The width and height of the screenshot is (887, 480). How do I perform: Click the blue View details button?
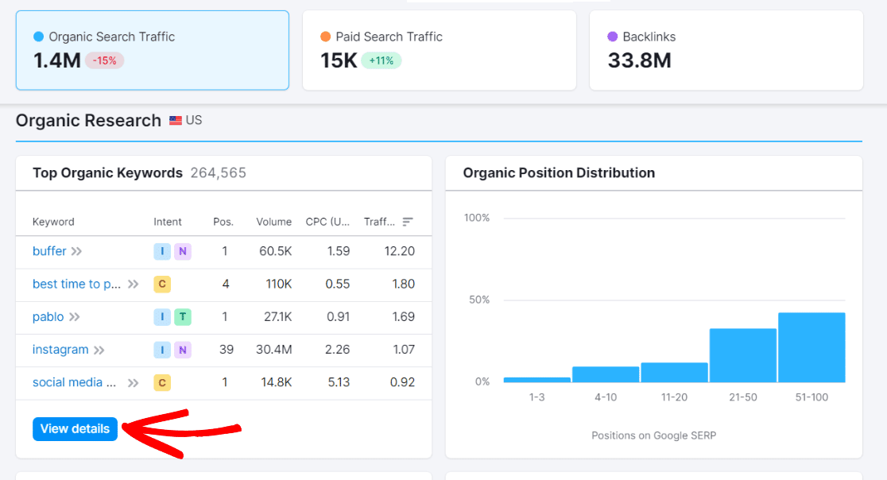(75, 429)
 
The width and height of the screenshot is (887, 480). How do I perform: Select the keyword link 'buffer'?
(49, 251)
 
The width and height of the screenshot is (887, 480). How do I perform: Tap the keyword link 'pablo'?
(48, 317)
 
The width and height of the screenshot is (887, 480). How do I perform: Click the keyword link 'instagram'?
(60, 350)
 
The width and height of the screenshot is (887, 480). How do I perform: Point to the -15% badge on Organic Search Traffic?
(105, 60)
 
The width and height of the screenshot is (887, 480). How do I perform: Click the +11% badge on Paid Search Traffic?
(381, 60)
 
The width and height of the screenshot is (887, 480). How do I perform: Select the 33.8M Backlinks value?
(639, 60)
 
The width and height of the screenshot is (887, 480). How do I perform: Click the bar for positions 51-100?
(811, 347)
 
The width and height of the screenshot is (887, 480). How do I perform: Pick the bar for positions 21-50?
(742, 355)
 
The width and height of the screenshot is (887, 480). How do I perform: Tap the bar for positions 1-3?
(537, 379)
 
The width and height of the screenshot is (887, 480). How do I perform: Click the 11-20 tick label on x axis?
(674, 397)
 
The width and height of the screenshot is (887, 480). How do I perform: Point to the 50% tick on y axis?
(477, 300)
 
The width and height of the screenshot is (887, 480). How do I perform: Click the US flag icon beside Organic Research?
(176, 121)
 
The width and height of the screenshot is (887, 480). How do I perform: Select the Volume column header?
(273, 222)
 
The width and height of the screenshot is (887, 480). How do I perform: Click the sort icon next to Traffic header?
(408, 222)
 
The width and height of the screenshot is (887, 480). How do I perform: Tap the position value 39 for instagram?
(225, 350)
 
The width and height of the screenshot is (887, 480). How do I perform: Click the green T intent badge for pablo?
(183, 317)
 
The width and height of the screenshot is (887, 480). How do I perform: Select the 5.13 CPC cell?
(339, 382)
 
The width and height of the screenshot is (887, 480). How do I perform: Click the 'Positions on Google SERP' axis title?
(653, 435)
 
